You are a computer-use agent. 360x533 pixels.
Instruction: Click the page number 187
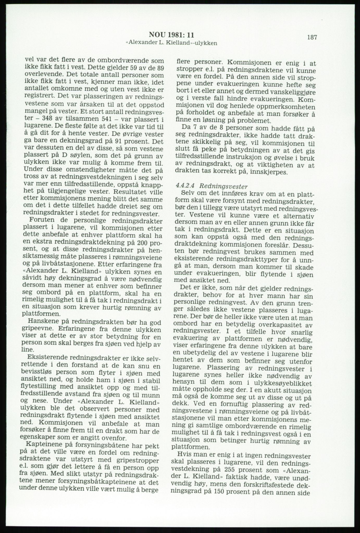(x=312, y=37)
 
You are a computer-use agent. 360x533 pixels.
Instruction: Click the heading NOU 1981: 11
(x=171, y=35)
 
